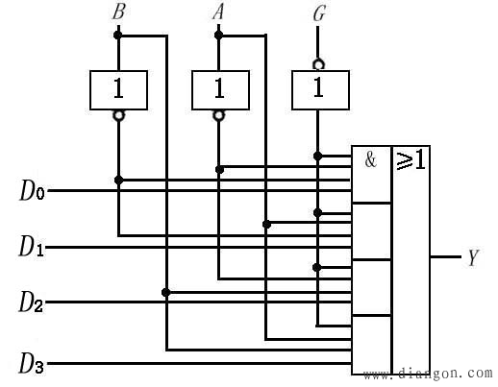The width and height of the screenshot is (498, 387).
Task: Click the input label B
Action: click(118, 12)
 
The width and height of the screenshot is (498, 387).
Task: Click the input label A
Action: click(218, 12)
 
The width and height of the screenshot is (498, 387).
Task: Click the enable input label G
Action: click(319, 13)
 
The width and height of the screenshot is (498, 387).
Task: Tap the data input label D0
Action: click(32, 190)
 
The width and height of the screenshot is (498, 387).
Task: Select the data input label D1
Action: click(32, 246)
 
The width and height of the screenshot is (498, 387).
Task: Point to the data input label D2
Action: click(31, 302)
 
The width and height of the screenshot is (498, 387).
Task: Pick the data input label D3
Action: click(32, 363)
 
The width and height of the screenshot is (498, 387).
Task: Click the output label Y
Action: click(473, 257)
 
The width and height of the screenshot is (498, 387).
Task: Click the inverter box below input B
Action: click(118, 90)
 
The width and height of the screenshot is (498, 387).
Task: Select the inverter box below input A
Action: click(220, 90)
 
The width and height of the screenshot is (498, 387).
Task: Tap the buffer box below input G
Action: click(320, 90)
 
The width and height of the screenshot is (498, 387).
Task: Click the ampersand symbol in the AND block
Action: click(371, 159)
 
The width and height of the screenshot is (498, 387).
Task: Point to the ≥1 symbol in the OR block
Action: click(411, 159)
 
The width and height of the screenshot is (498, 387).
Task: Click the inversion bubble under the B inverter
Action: click(118, 115)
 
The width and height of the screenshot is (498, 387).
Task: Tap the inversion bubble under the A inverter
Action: click(219, 115)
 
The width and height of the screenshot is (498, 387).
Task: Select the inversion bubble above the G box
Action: click(318, 64)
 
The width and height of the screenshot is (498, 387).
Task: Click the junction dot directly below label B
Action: click(118, 35)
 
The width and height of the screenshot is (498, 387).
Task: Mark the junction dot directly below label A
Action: click(218, 35)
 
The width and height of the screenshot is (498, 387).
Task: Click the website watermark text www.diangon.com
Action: click(428, 374)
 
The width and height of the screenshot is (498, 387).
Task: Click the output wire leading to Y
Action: click(445, 256)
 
